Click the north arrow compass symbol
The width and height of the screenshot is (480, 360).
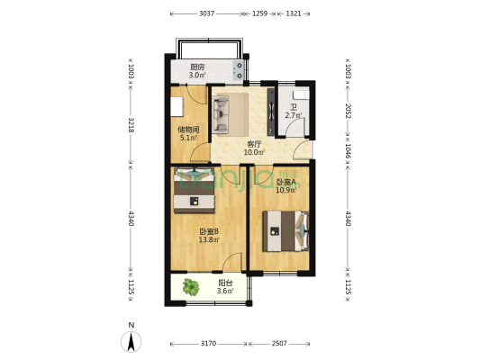(x=131, y=342)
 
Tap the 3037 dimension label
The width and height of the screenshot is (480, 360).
(x=206, y=13)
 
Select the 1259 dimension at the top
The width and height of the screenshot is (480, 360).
(x=259, y=13)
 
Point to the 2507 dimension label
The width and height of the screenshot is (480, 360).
(x=279, y=344)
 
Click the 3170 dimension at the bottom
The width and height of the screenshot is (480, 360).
(x=208, y=344)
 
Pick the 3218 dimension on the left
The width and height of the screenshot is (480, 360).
(x=131, y=125)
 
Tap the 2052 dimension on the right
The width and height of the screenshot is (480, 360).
(x=348, y=111)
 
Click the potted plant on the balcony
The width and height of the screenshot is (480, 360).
(x=191, y=287)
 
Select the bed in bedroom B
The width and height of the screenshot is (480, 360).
(x=194, y=190)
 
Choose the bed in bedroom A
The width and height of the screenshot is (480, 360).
(x=285, y=231)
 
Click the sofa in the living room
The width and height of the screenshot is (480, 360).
(x=221, y=114)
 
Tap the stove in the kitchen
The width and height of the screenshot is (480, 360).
(x=238, y=70)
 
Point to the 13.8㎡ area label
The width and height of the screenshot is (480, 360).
(x=209, y=239)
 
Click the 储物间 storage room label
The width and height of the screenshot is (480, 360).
(x=188, y=130)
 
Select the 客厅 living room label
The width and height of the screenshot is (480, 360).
(x=254, y=144)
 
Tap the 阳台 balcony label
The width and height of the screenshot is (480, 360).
(x=225, y=283)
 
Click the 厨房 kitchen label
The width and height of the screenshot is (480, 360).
(x=197, y=67)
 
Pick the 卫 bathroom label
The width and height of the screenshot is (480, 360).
(x=294, y=108)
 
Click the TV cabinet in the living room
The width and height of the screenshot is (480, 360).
(x=271, y=112)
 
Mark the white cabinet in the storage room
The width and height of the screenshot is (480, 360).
(x=177, y=107)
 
